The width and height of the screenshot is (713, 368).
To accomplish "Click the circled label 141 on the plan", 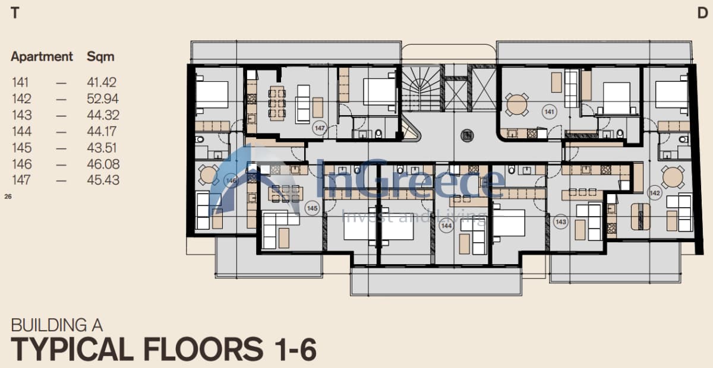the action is point(549,112).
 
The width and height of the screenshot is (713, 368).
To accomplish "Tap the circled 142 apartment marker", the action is point(655,193).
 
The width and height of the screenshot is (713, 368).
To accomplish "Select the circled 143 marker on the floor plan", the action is point(560,222).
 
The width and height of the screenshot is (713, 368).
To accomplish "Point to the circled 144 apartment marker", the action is point(446,226).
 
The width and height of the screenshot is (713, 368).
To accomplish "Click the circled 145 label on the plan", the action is point(312,208).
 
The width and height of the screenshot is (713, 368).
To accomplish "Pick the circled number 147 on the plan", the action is point(320,128).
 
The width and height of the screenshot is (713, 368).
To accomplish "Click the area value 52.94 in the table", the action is point(102,99).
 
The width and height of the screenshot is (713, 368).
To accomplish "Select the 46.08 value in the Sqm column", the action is point(103,164).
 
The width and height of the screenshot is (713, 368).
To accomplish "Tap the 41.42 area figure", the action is point(102,83).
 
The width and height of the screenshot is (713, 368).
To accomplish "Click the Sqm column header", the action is point(100,57).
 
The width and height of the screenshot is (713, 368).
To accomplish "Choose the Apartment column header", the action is point(42,56).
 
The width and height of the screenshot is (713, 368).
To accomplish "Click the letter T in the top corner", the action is point(15,13).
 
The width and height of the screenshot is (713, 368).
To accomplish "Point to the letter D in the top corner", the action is point(702,13).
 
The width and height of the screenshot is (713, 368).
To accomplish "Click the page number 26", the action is point(8,196).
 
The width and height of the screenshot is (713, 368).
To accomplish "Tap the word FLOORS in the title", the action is point(203,349).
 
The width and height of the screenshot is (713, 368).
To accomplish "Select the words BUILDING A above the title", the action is point(56,325).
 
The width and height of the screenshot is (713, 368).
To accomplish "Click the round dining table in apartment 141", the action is point(516,104).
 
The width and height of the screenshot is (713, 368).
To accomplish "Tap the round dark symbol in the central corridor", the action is point(467,135).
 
